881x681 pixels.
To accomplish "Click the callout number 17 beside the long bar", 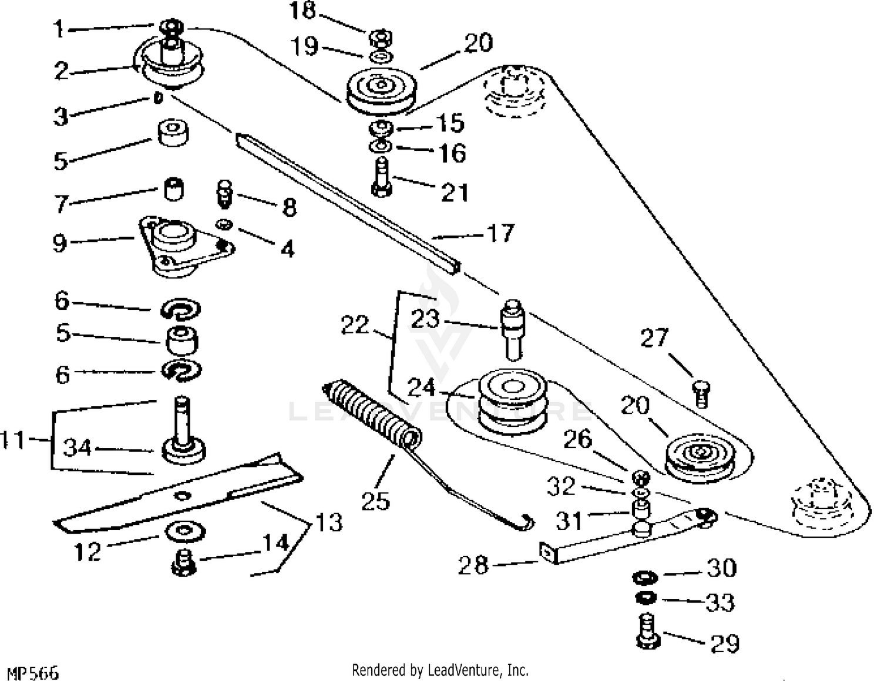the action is pyautogui.click(x=501, y=233).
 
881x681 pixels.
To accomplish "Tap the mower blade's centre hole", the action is pyautogui.click(x=183, y=495).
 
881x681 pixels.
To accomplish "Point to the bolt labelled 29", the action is pyautogui.click(x=647, y=632).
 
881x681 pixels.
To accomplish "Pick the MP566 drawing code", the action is pyautogui.click(x=33, y=673).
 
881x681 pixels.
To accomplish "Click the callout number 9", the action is pyautogui.click(x=59, y=242).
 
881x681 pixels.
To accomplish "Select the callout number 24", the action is pyautogui.click(x=421, y=387).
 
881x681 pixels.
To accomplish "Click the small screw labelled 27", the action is pyautogui.click(x=701, y=394).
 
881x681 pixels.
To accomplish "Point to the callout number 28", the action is pyautogui.click(x=473, y=565).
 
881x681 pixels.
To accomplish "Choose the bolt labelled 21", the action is pyautogui.click(x=382, y=177).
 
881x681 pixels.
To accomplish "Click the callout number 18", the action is pyautogui.click(x=302, y=11).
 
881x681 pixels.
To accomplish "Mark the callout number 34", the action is pyautogui.click(x=77, y=448).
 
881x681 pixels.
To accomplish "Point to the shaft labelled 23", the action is pyautogui.click(x=513, y=330).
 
